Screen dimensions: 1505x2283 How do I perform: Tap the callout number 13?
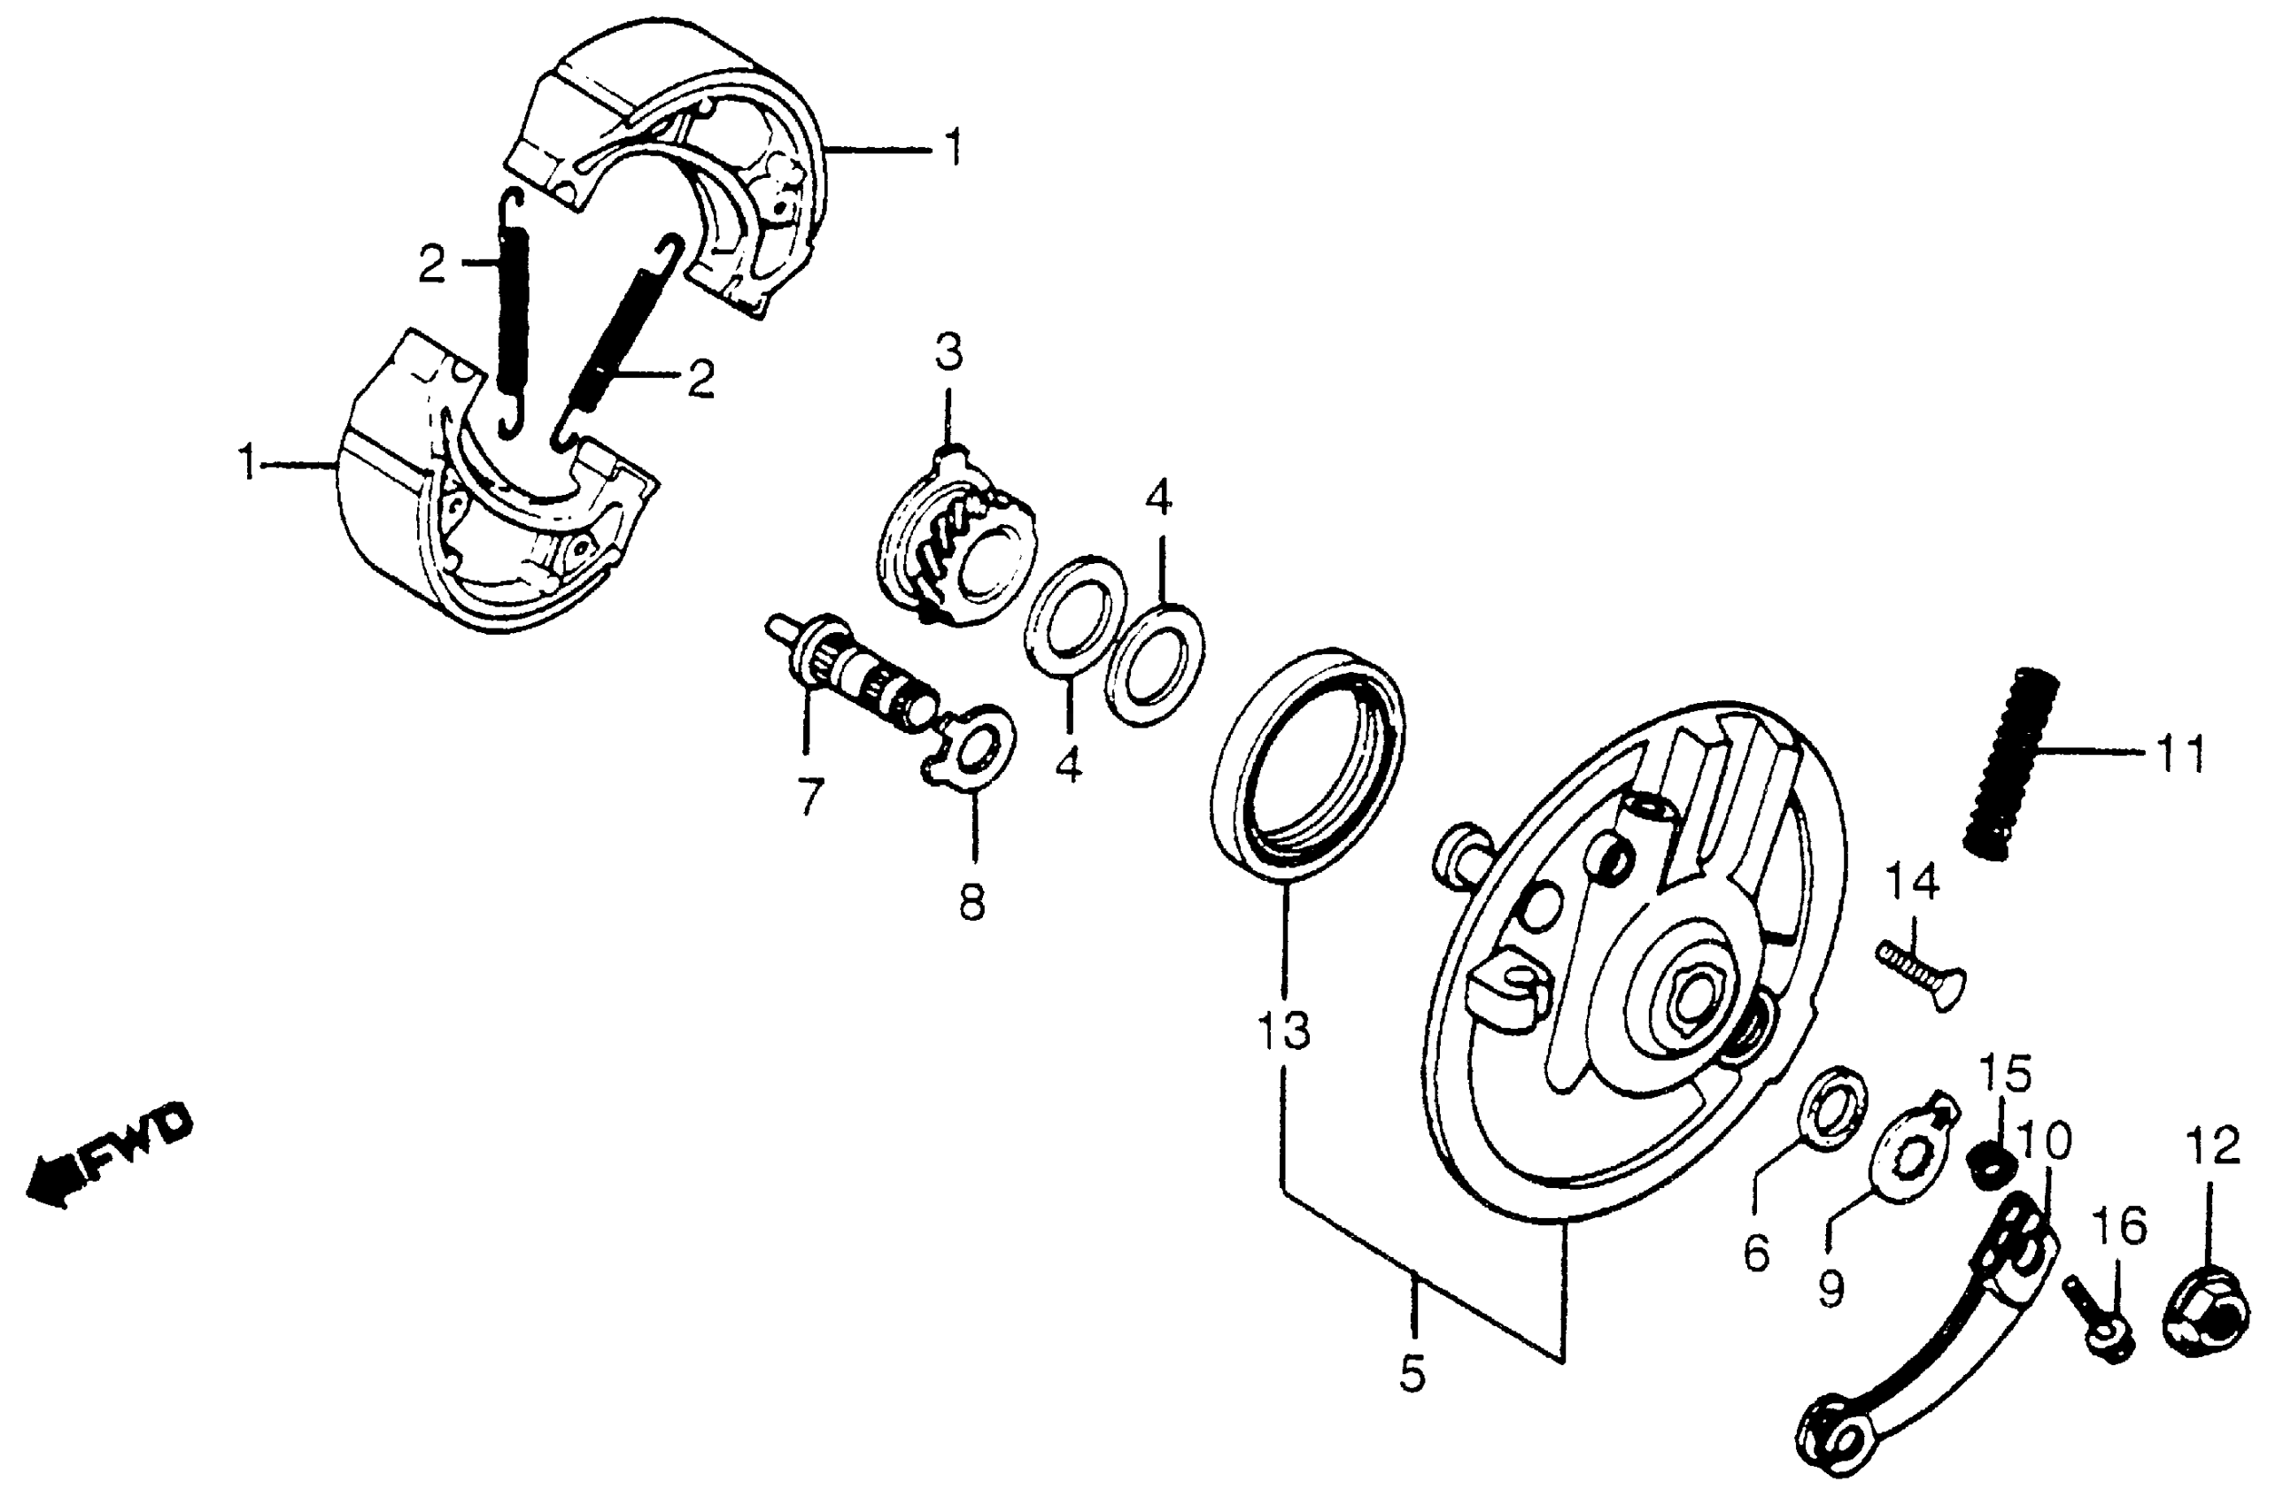coord(1283,1030)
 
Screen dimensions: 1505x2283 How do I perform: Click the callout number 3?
coord(948,353)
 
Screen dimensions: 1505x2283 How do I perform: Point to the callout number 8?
coord(972,903)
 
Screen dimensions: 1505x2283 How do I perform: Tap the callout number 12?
coord(2214,1147)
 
